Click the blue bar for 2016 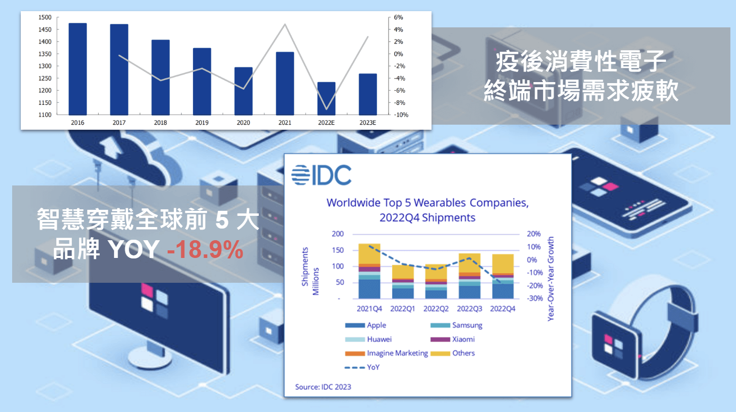78,69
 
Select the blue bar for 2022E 326,99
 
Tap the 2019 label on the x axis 202,123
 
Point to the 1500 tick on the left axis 45,17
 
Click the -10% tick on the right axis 401,115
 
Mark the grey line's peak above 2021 285,24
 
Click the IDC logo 321,175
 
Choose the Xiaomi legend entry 452,340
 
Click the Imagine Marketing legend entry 386,353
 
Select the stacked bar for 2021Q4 369,271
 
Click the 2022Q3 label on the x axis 469,309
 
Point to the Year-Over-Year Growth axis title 551,279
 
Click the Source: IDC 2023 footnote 323,387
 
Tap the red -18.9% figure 205,249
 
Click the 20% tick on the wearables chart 533,234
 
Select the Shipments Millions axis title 310,271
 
